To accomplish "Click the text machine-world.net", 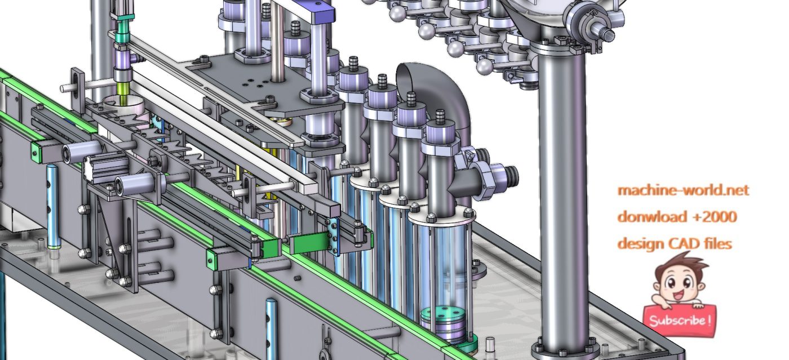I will tap(683, 190).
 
